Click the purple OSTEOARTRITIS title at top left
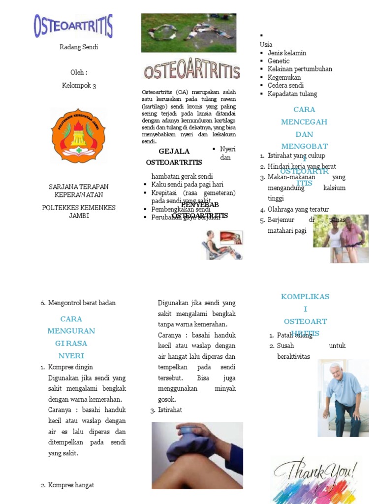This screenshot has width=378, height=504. pyautogui.click(x=73, y=26)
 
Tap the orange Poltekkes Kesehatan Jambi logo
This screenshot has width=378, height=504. pyautogui.click(x=79, y=136)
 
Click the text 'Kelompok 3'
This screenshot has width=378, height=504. pyautogui.click(x=79, y=86)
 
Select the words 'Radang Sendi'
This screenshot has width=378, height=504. pyautogui.click(x=79, y=47)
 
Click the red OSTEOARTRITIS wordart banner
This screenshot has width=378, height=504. pyautogui.click(x=191, y=70)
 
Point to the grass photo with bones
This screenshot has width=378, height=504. pyautogui.click(x=189, y=33)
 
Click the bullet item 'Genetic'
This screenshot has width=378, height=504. pyautogui.click(x=279, y=61)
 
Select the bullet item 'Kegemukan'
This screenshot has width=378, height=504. pyautogui.click(x=284, y=77)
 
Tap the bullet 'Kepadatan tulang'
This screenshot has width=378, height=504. pyautogui.click(x=292, y=94)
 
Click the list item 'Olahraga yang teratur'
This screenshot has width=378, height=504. pyautogui.click(x=298, y=209)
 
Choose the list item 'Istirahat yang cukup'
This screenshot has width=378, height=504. pyautogui.click(x=296, y=156)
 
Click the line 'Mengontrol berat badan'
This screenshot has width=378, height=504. pyautogui.click(x=82, y=303)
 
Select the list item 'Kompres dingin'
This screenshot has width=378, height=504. pyautogui.click(x=70, y=367)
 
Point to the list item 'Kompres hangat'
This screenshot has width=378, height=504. pyautogui.click(x=71, y=485)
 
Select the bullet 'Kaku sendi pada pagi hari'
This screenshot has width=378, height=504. pyautogui.click(x=188, y=184)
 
